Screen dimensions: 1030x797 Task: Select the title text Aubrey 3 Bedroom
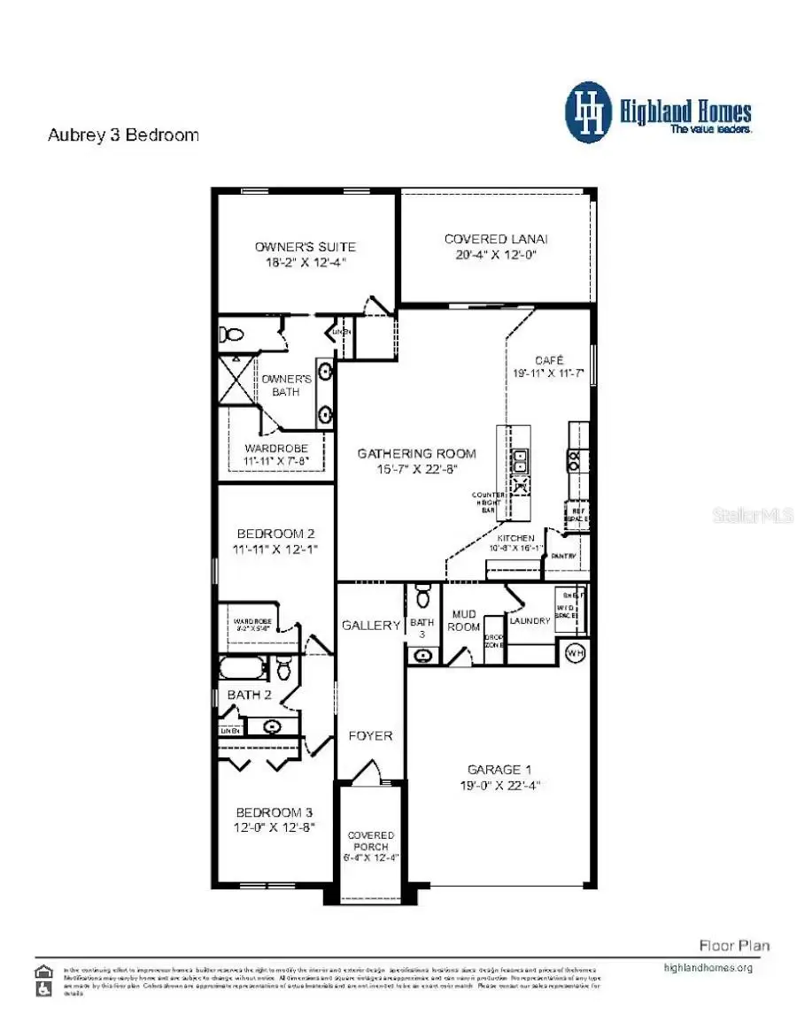point(122,135)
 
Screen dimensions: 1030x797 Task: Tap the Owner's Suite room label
point(305,246)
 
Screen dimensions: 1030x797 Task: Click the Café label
point(546,361)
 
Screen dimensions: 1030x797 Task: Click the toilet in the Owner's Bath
point(234,335)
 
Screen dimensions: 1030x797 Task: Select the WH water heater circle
point(576,653)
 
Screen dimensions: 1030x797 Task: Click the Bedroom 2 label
point(275,534)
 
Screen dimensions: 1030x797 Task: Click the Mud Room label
point(465,620)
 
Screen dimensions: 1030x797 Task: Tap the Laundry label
point(530,620)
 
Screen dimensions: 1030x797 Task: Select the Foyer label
point(370,735)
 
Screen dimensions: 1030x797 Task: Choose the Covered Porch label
point(371,841)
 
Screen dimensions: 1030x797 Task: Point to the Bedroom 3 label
point(275,812)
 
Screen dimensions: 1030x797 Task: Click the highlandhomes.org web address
point(708,967)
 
